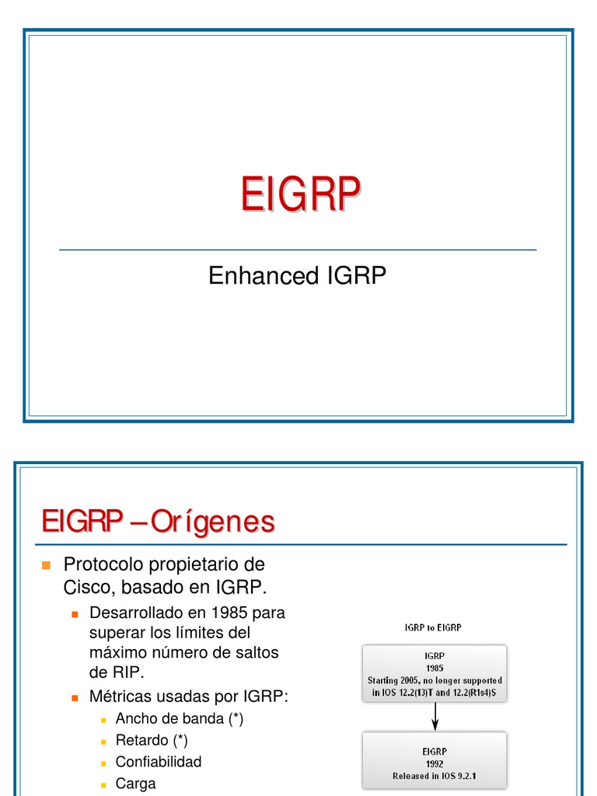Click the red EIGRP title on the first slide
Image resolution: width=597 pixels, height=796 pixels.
point(299,194)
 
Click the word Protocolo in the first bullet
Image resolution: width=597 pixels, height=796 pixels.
point(106,564)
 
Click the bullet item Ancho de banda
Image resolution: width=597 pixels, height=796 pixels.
point(179,718)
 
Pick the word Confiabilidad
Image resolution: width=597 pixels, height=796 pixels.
point(159,762)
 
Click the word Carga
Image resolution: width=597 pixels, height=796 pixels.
point(136,784)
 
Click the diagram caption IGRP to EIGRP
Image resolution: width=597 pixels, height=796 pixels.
point(435,627)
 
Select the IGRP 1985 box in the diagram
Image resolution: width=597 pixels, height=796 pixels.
point(435,673)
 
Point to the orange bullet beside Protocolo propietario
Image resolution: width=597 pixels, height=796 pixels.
point(46,564)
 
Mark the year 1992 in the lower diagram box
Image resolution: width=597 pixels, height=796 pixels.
point(435,763)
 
